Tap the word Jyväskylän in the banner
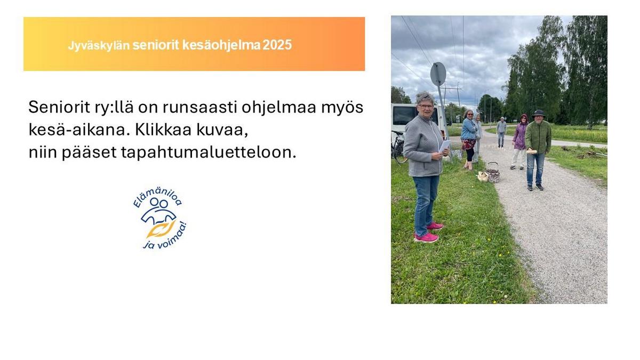tap(99, 45)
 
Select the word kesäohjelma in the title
tap(221, 45)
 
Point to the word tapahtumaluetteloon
tap(209, 153)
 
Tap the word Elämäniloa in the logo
tap(157, 197)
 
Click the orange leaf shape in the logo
tap(160, 229)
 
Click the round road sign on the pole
tap(438, 74)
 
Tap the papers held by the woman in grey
tap(445, 146)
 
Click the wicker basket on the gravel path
tap(493, 173)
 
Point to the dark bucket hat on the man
tap(539, 113)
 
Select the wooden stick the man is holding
tap(531, 151)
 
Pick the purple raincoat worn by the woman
tap(520, 134)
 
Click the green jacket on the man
tap(538, 137)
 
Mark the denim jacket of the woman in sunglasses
tap(469, 129)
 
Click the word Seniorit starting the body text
tap(59, 107)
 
